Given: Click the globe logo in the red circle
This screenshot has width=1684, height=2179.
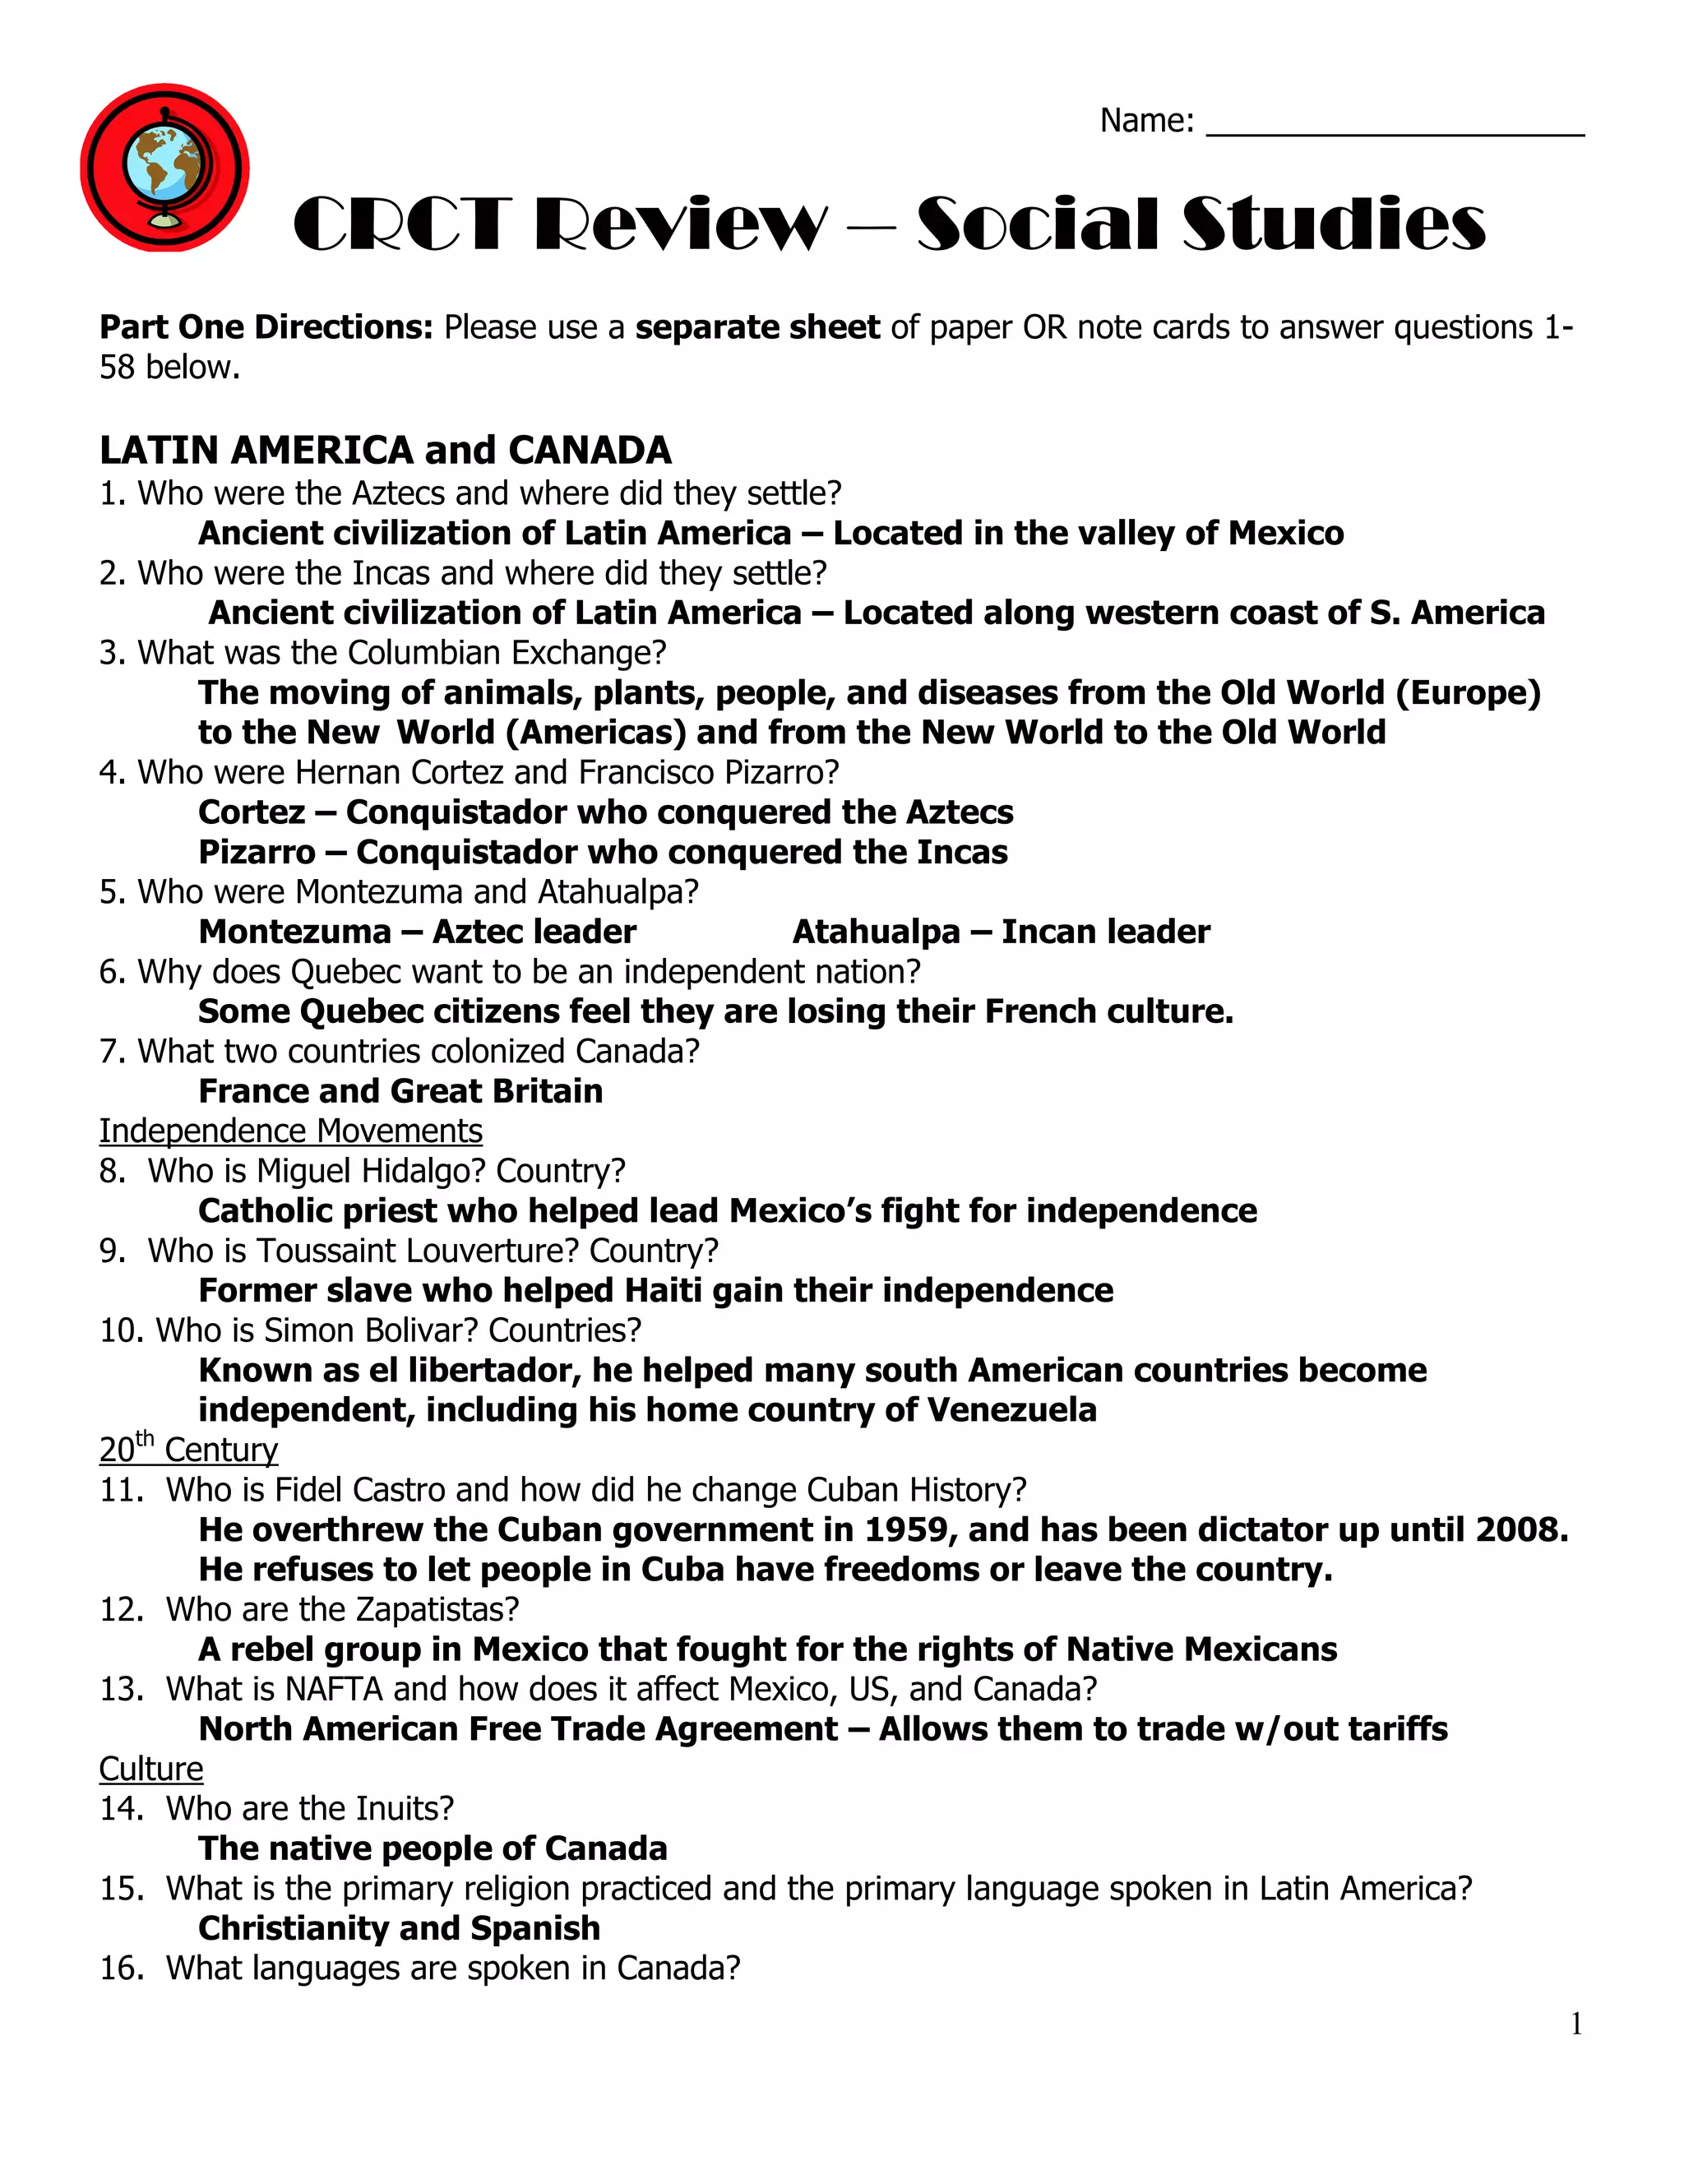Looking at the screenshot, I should [164, 168].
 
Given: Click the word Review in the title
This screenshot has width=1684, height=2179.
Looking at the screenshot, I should [680, 225].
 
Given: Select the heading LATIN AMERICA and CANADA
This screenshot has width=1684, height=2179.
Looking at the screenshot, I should [385, 450].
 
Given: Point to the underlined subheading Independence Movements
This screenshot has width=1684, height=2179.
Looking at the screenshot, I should [290, 1131].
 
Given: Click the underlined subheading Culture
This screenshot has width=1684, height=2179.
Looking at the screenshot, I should [150, 1769].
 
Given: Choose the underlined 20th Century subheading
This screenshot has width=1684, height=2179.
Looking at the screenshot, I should [188, 1449].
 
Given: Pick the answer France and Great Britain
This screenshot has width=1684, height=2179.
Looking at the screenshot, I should [400, 1091].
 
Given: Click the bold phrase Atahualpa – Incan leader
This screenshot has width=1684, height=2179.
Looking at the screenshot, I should [1001, 932].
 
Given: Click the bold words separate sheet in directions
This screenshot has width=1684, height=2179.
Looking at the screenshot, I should [757, 328].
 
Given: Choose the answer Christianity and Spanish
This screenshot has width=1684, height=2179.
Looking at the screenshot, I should [399, 1928].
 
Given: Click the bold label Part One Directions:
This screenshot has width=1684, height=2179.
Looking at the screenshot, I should [266, 328].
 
